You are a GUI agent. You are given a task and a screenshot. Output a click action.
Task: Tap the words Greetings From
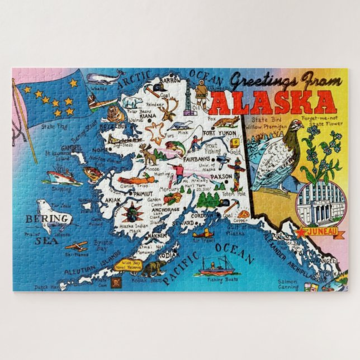[278, 81]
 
